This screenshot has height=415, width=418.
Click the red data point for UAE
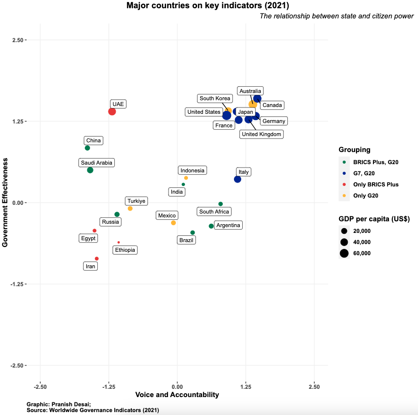point(112,111)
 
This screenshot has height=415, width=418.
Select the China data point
point(88,148)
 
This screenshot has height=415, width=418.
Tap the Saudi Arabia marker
point(90,170)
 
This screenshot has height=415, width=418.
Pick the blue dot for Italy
point(237,179)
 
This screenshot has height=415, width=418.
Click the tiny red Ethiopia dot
point(119,242)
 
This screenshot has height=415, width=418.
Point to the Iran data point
point(97,259)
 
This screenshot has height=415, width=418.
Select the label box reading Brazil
point(186,240)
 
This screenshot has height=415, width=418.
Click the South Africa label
point(214,212)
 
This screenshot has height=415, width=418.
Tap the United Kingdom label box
point(262,134)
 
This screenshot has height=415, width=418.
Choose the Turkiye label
point(137,201)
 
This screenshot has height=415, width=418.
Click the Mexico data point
point(173,223)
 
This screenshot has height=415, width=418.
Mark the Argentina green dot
point(211,226)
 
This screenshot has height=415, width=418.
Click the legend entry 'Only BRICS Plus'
point(375,184)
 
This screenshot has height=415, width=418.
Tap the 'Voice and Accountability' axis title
point(177,395)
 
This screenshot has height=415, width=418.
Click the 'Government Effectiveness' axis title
point(6,202)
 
